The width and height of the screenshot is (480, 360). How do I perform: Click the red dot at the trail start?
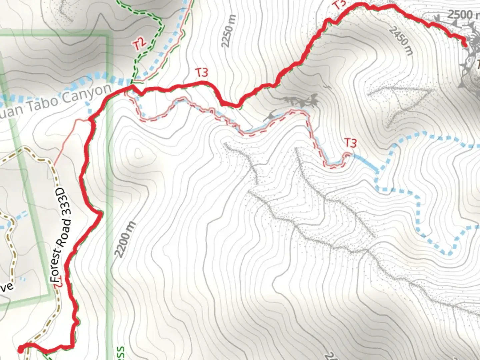[x=20, y=349]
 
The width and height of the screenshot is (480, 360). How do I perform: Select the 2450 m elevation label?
[x=401, y=41]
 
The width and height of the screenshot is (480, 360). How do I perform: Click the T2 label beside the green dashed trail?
[x=140, y=44]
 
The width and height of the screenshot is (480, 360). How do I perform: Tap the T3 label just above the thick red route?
[x=201, y=72]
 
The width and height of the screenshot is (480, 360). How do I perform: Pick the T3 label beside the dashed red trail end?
[x=350, y=143]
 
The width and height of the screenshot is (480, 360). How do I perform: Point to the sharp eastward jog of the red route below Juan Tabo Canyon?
[x=100, y=213]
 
